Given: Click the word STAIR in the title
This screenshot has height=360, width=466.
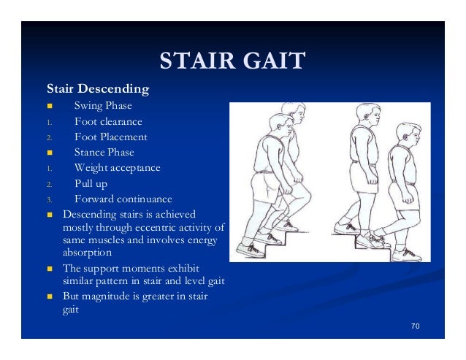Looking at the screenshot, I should (197, 61).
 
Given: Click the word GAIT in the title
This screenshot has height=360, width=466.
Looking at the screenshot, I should (273, 61).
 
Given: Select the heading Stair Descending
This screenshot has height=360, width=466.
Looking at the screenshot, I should (98, 91).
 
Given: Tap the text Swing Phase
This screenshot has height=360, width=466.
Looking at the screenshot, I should (103, 107).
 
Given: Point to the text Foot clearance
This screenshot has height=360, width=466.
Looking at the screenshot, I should (108, 122).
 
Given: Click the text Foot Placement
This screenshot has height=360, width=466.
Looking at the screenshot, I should (110, 137).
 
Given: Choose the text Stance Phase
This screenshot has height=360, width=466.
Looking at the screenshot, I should (104, 153).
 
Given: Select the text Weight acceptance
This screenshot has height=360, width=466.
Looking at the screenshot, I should (117, 168).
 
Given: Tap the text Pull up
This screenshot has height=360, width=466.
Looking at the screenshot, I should (91, 183).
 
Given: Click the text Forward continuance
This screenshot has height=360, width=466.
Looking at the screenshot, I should (123, 199).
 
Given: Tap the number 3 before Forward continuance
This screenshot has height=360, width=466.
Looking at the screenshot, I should (49, 199).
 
